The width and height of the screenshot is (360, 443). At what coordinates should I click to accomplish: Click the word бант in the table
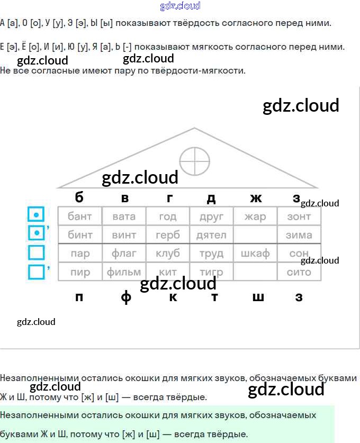[x=80, y=216]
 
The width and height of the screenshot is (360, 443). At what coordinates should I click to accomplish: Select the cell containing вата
[x=124, y=216]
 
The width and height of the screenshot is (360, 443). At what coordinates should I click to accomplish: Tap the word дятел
[x=211, y=234]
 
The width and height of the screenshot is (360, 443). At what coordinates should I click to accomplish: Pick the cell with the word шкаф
[x=255, y=254]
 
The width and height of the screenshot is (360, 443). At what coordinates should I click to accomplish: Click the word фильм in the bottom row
[x=124, y=272]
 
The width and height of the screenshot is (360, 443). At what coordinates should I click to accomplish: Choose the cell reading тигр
[x=211, y=272]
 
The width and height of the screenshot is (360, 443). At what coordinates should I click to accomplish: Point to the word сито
[x=299, y=272]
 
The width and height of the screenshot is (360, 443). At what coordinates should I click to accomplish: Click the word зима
[x=299, y=234]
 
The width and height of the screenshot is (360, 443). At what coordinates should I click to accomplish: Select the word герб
[x=168, y=234]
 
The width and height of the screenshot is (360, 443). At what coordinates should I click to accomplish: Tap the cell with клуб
[x=168, y=254]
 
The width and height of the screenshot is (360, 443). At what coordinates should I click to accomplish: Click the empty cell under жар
[x=255, y=234]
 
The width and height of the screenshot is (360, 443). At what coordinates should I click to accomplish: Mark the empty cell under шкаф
[x=255, y=272]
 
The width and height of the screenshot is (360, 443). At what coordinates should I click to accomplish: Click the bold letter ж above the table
[x=256, y=198]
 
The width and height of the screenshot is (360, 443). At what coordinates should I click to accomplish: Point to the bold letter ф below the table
[x=126, y=297]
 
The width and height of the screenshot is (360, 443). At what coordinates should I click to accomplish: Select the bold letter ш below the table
[x=258, y=297]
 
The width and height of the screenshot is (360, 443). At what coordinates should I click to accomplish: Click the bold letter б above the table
[x=79, y=197]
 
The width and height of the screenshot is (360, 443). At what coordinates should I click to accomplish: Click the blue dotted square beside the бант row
[x=35, y=214]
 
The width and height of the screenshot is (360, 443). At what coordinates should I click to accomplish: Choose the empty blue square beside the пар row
[x=36, y=252]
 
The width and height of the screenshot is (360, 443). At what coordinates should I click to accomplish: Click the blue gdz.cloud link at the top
[x=180, y=6]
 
